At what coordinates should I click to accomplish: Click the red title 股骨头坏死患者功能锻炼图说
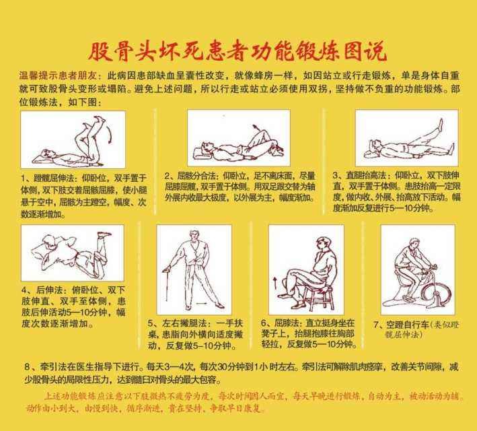[238, 52]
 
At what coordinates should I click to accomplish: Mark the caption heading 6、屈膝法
[291, 323]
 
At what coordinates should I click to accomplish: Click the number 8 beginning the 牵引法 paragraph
[27, 367]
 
